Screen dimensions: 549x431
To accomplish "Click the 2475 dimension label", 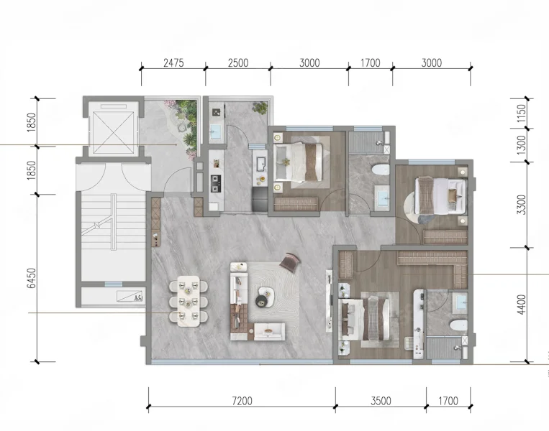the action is (x=173, y=63).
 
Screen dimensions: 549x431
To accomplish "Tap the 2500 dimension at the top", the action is (x=238, y=63).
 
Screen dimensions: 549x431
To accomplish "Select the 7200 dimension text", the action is (x=242, y=401).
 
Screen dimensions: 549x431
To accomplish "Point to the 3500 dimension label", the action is (x=381, y=401).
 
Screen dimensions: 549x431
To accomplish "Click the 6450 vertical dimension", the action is (x=32, y=278).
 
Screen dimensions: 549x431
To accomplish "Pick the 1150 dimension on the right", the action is (x=522, y=113).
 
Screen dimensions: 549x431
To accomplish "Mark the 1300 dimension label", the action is (x=522, y=145).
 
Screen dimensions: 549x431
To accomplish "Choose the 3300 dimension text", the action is (x=522, y=205).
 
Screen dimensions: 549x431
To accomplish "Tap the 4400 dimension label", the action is (x=522, y=305).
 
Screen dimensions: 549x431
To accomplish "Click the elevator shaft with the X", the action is (x=112, y=128).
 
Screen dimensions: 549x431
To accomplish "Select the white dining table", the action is (x=189, y=301).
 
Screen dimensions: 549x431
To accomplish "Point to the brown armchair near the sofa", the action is (x=290, y=261).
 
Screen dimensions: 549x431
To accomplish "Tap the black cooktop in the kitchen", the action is (x=216, y=184).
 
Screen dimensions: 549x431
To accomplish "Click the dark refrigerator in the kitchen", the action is (x=260, y=199).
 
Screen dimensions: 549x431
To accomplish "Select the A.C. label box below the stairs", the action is (x=130, y=297).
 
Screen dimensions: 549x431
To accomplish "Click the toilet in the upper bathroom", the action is (x=380, y=170).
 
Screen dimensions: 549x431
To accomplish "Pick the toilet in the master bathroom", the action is (x=458, y=325).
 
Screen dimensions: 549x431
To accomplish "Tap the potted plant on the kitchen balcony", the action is (x=260, y=107).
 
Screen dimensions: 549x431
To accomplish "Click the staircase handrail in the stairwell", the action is (x=114, y=222).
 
